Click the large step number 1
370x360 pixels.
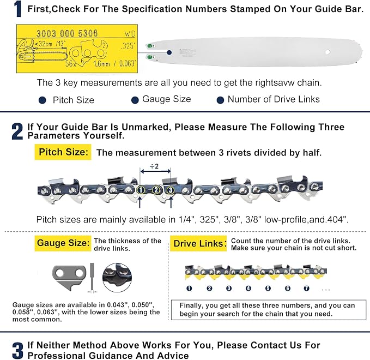pos(17,9)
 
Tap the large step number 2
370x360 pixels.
pos(17,131)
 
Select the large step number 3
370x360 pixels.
pos(17,350)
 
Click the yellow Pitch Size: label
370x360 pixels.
pos(63,152)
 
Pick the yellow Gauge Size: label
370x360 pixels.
pos(63,243)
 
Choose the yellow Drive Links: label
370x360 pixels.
pos(198,243)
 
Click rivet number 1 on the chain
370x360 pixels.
pos(141,190)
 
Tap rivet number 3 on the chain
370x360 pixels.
pos(171,190)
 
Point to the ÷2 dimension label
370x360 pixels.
pos(154,166)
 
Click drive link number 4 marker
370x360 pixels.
pos(248,288)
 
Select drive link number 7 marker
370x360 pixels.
pos(306,288)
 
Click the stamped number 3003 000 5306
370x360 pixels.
pos(67,33)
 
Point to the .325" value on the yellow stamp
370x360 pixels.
pos(129,46)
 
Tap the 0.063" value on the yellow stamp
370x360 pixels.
pos(128,63)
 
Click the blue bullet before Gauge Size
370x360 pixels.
pos(135,100)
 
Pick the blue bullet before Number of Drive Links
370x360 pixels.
pos(220,100)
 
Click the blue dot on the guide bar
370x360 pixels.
pos(169,52)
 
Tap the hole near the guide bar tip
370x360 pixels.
pos(327,52)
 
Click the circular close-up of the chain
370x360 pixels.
pos(117,278)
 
